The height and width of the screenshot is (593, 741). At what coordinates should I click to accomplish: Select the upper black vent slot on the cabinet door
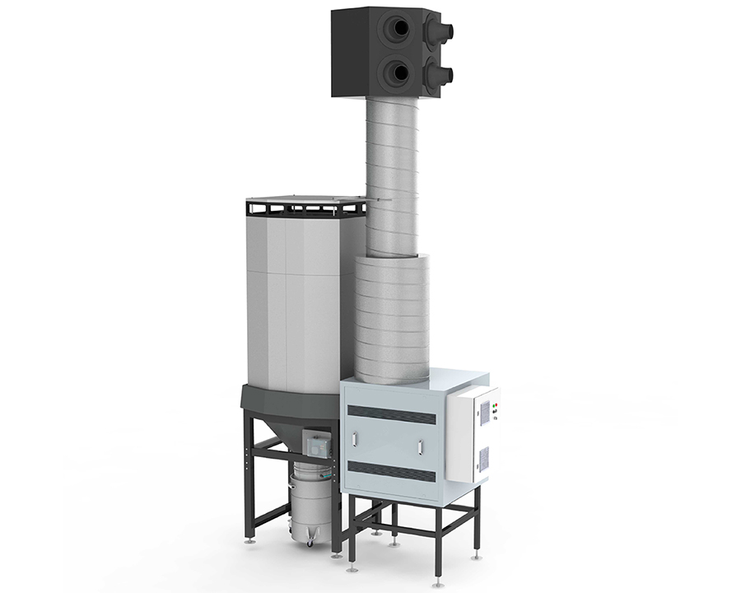391,414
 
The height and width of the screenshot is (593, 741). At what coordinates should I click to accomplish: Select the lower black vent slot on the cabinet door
391,472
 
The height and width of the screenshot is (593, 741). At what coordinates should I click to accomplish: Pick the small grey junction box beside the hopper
317,445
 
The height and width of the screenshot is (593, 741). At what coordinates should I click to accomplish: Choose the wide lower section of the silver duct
392,317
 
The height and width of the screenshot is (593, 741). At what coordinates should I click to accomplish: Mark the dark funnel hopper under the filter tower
280,416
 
